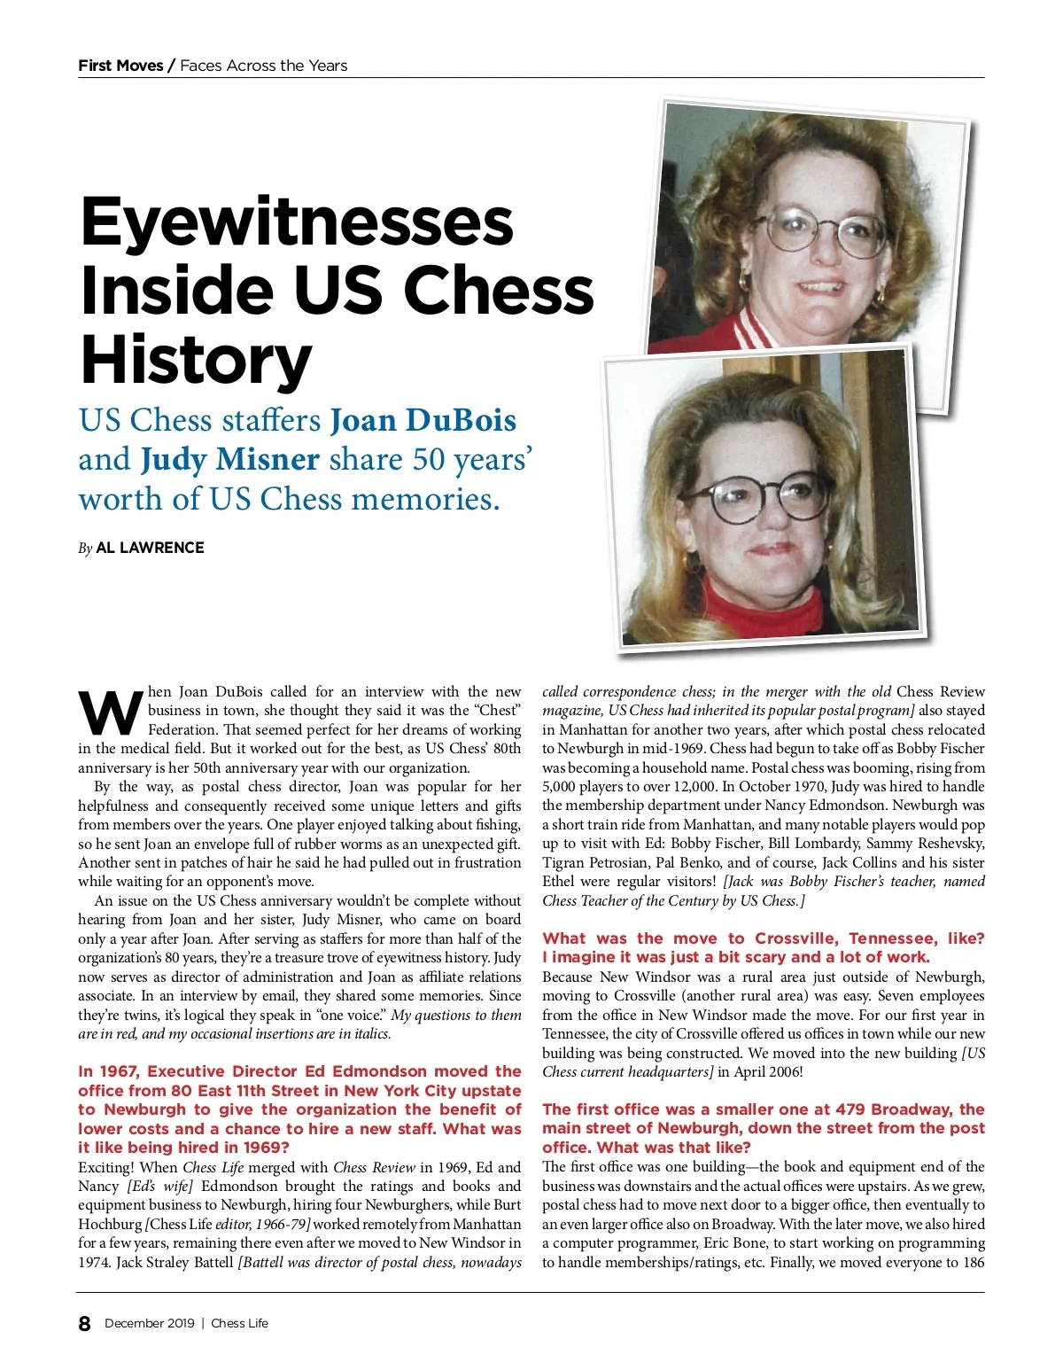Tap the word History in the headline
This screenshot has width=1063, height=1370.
click(196, 361)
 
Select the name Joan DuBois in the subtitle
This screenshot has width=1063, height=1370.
click(423, 420)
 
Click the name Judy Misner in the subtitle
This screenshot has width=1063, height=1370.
click(229, 459)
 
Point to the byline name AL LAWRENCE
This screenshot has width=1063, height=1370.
click(150, 548)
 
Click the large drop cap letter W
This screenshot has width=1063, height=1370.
click(110, 712)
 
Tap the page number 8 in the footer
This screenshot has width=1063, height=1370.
click(84, 1324)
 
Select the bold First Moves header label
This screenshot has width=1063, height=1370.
click(120, 66)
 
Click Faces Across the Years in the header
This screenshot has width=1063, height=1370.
click(263, 66)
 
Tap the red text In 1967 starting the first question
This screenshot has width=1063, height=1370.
click(108, 1071)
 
